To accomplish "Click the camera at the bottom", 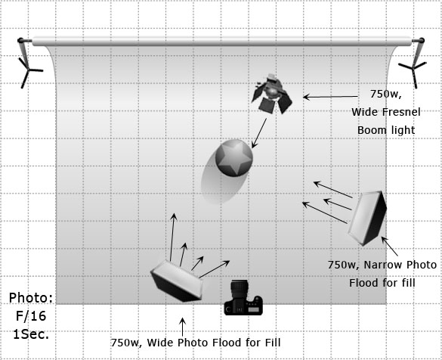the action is (243, 297).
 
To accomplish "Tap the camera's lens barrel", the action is (240, 288).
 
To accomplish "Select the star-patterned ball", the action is (234, 158).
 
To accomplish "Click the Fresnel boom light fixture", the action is (271, 94).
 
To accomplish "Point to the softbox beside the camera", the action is (178, 281).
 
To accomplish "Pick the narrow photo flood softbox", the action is (367, 218).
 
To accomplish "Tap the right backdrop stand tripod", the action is (414, 64).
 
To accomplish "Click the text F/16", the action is (31, 316).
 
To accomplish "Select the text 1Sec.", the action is (31, 334).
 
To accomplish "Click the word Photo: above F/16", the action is (31, 298).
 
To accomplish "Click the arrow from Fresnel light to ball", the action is (259, 133).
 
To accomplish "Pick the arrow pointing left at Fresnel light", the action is (330, 97).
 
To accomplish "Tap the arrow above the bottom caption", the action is (182, 327).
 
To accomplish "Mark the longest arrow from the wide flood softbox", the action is (172, 237).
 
